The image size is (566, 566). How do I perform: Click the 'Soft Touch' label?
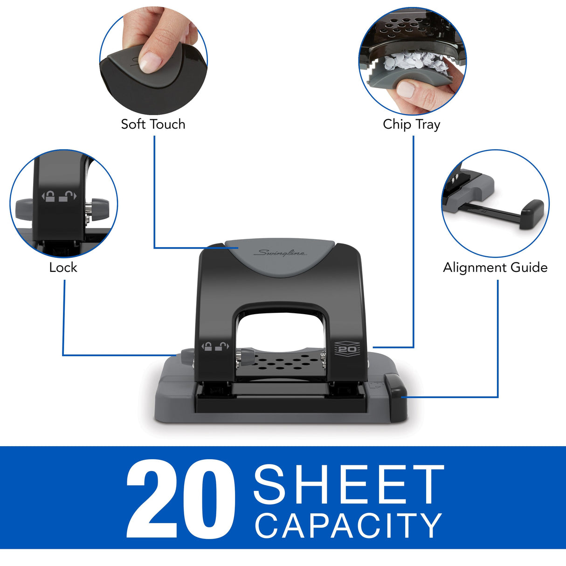[x=153, y=124]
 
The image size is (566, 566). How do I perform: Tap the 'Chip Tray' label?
[x=411, y=124]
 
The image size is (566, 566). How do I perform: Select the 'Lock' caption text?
[x=63, y=267]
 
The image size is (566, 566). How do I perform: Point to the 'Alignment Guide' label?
[x=495, y=267]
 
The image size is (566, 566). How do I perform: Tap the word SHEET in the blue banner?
[x=349, y=485]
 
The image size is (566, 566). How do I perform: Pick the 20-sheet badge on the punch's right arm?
[x=347, y=349]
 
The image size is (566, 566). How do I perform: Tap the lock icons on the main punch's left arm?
[x=215, y=346]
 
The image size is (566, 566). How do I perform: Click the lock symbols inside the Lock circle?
[x=59, y=196]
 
